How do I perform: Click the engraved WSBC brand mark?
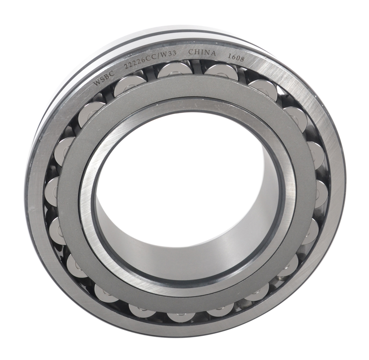(x=104, y=78)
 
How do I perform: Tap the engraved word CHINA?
(x=202, y=52)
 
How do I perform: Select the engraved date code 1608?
(x=236, y=57)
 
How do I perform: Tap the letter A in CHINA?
(x=213, y=53)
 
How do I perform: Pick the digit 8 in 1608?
(x=242, y=59)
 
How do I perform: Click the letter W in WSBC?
(x=96, y=82)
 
